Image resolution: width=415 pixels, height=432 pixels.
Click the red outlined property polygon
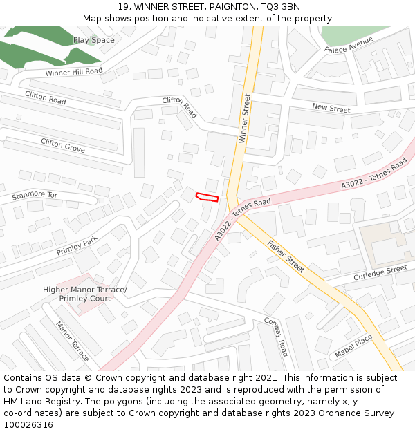[x=207, y=198]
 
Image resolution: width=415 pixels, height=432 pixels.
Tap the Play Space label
[x=93, y=40]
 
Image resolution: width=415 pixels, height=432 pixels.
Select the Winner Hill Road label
[x=74, y=72]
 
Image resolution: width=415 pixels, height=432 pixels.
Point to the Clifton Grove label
[x=63, y=145]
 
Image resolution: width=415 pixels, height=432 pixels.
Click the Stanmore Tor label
[x=35, y=196]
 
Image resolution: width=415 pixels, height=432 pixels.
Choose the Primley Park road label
[x=77, y=247]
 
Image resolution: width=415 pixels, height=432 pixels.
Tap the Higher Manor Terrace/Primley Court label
[x=85, y=294]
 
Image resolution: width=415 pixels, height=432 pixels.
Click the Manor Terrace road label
[x=73, y=341]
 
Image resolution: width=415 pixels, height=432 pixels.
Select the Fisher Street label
[x=286, y=256]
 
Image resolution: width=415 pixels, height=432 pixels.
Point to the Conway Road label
[x=275, y=337]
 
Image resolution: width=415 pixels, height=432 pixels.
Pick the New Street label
[x=331, y=108]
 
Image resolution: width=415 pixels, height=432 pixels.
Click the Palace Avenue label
[x=349, y=45]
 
